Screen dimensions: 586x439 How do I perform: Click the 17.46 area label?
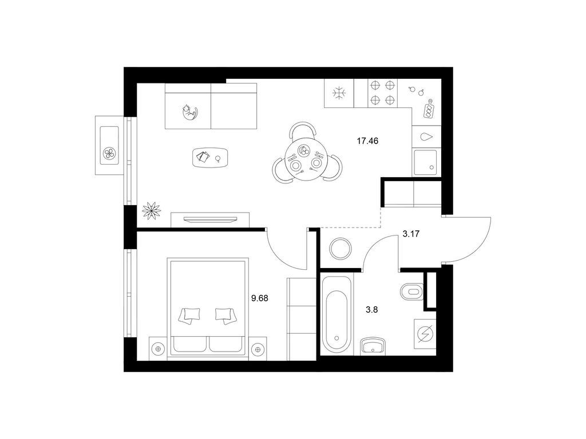coord(368,141)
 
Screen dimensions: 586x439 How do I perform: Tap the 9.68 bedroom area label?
coord(260,298)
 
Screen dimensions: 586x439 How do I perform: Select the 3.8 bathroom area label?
coord(371,309)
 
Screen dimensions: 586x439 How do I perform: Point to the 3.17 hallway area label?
coord(411,234)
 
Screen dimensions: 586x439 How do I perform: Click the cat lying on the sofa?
coord(189,112)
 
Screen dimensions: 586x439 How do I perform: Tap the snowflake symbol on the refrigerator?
coord(339,93)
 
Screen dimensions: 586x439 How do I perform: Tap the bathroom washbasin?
coord(373,345)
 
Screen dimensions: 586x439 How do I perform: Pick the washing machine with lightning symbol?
coord(425,333)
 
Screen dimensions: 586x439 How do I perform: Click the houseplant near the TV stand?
coord(151,210)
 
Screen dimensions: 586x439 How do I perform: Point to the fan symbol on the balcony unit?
coord(109,153)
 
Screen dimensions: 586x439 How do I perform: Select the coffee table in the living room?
coord(210,158)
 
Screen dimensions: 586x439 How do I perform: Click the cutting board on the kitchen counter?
coord(429,109)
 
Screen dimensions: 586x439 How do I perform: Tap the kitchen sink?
coord(425,162)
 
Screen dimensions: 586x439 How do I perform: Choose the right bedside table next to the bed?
coord(257,349)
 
